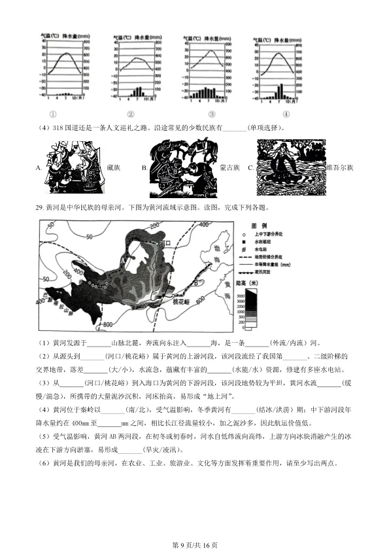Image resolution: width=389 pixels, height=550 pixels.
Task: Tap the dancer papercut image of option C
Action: tap(290, 168)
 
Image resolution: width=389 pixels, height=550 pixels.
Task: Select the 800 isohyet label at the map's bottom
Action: tap(108, 324)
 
